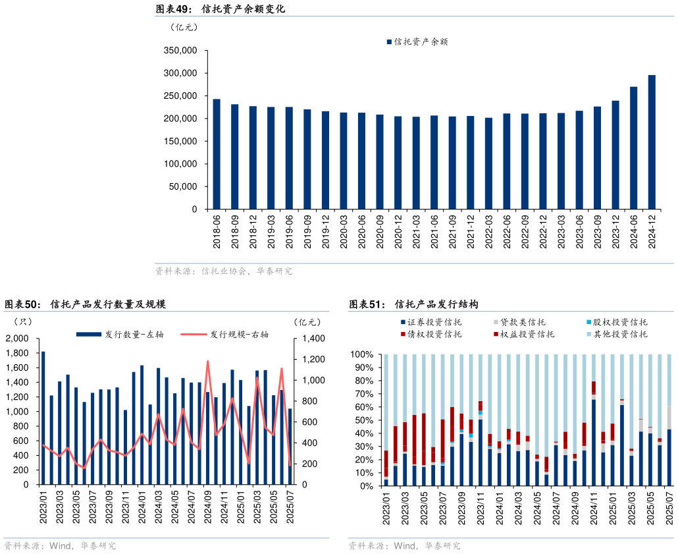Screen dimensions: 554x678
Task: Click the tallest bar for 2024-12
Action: [x=652, y=142]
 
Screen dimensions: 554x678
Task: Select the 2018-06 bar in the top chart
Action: [x=217, y=154]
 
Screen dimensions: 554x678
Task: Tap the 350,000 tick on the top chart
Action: [x=180, y=51]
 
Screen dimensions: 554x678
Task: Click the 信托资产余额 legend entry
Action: [x=417, y=42]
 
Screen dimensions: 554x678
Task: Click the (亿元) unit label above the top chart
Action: [x=184, y=27]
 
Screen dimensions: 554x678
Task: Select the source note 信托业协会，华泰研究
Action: [x=224, y=271]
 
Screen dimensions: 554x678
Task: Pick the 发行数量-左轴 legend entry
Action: [x=120, y=335]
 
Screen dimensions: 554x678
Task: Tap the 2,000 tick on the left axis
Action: [x=17, y=339]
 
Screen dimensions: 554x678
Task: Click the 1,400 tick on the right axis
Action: [x=313, y=339]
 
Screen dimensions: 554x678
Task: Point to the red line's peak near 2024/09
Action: [x=208, y=361]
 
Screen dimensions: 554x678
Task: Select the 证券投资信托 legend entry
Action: [x=431, y=322]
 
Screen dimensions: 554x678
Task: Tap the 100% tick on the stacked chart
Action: [x=363, y=354]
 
